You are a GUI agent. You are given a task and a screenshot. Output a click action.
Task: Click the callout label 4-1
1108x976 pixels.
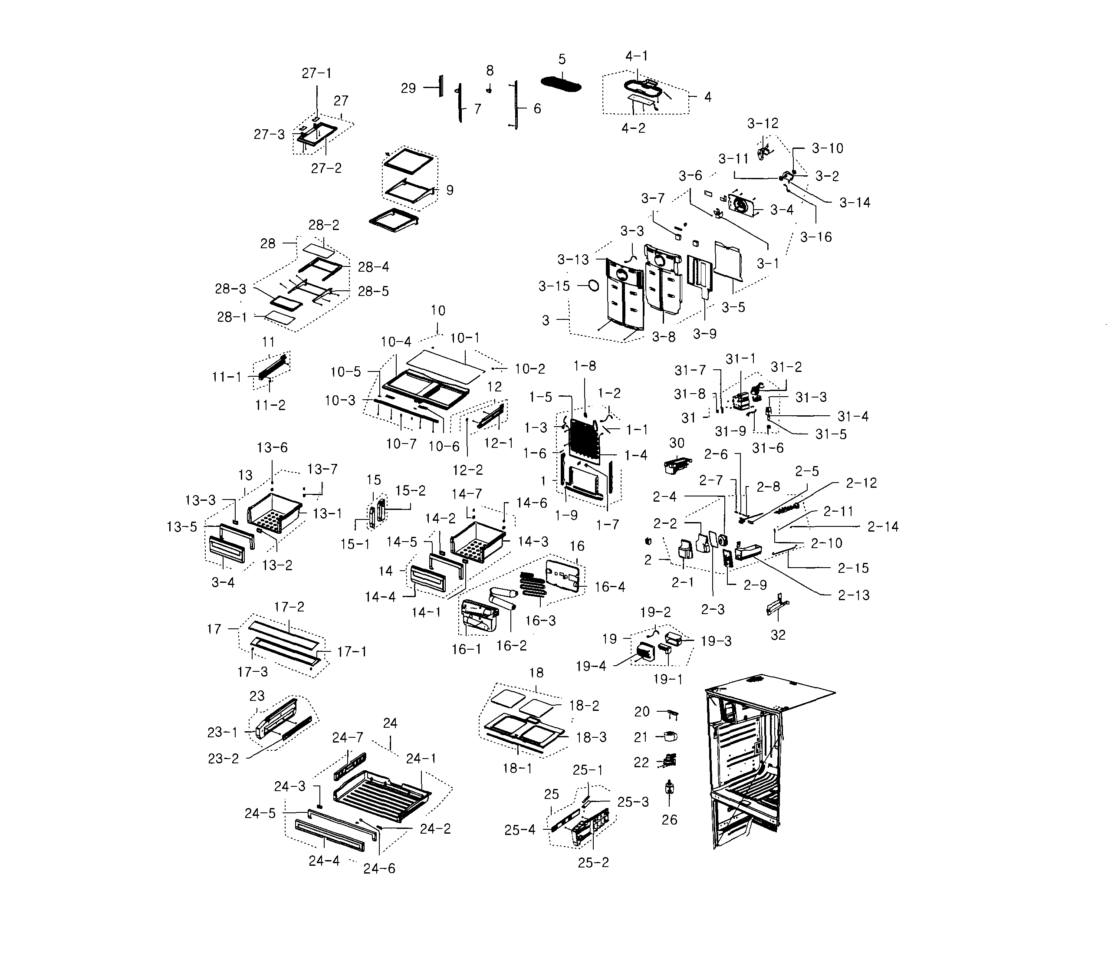coord(636,56)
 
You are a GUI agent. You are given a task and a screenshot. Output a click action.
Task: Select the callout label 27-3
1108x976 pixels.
coord(269,135)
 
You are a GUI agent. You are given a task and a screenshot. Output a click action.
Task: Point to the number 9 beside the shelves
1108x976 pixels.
coord(449,190)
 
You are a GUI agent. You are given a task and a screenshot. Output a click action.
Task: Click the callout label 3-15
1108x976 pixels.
coord(554,286)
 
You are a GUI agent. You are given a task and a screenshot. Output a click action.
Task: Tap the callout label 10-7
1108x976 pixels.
coord(401,444)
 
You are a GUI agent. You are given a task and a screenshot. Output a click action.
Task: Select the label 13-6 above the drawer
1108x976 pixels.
coord(272,447)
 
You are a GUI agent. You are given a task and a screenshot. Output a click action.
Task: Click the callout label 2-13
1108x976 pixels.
coord(853,595)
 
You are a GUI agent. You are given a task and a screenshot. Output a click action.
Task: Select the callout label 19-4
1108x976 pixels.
coord(591,666)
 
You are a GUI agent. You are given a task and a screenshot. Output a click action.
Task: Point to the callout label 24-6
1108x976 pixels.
coord(379,869)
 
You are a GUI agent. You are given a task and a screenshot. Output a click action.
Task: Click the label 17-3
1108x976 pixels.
coord(252,672)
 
